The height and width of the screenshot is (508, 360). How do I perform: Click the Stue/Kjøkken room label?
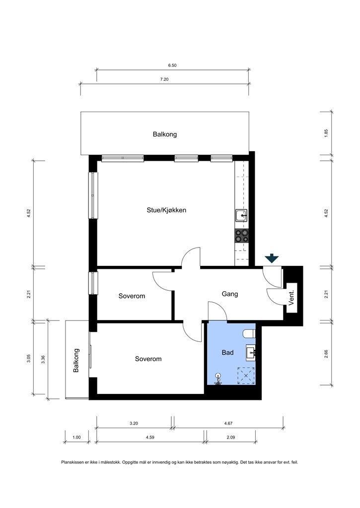pyautogui.click(x=166, y=210)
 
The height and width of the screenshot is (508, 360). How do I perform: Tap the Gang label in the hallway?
pyautogui.click(x=229, y=294)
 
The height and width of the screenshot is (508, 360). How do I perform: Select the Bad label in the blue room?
pyautogui.click(x=228, y=353)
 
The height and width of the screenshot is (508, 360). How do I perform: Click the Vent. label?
pyautogui.click(x=291, y=298)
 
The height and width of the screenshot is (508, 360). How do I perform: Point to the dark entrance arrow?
pyautogui.click(x=272, y=258)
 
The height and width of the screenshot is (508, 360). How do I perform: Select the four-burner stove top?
pyautogui.click(x=242, y=236)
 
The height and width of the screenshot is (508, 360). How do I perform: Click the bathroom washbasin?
pyautogui.click(x=251, y=353)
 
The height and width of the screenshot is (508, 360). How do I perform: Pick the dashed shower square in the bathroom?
pyautogui.click(x=246, y=376)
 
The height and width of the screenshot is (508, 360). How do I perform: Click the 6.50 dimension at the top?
pyautogui.click(x=172, y=65)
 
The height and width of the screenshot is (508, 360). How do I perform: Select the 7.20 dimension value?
pyautogui.click(x=164, y=79)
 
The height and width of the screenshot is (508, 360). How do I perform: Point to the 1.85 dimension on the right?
pyautogui.click(x=326, y=133)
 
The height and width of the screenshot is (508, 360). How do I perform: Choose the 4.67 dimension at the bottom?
pyautogui.click(x=228, y=423)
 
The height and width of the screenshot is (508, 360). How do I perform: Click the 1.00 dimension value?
pyautogui.click(x=76, y=438)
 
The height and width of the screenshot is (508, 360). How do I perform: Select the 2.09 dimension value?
pyautogui.click(x=230, y=438)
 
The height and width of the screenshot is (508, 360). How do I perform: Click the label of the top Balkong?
pyautogui.click(x=165, y=134)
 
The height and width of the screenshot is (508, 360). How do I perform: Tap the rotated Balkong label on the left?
pyautogui.click(x=76, y=360)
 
